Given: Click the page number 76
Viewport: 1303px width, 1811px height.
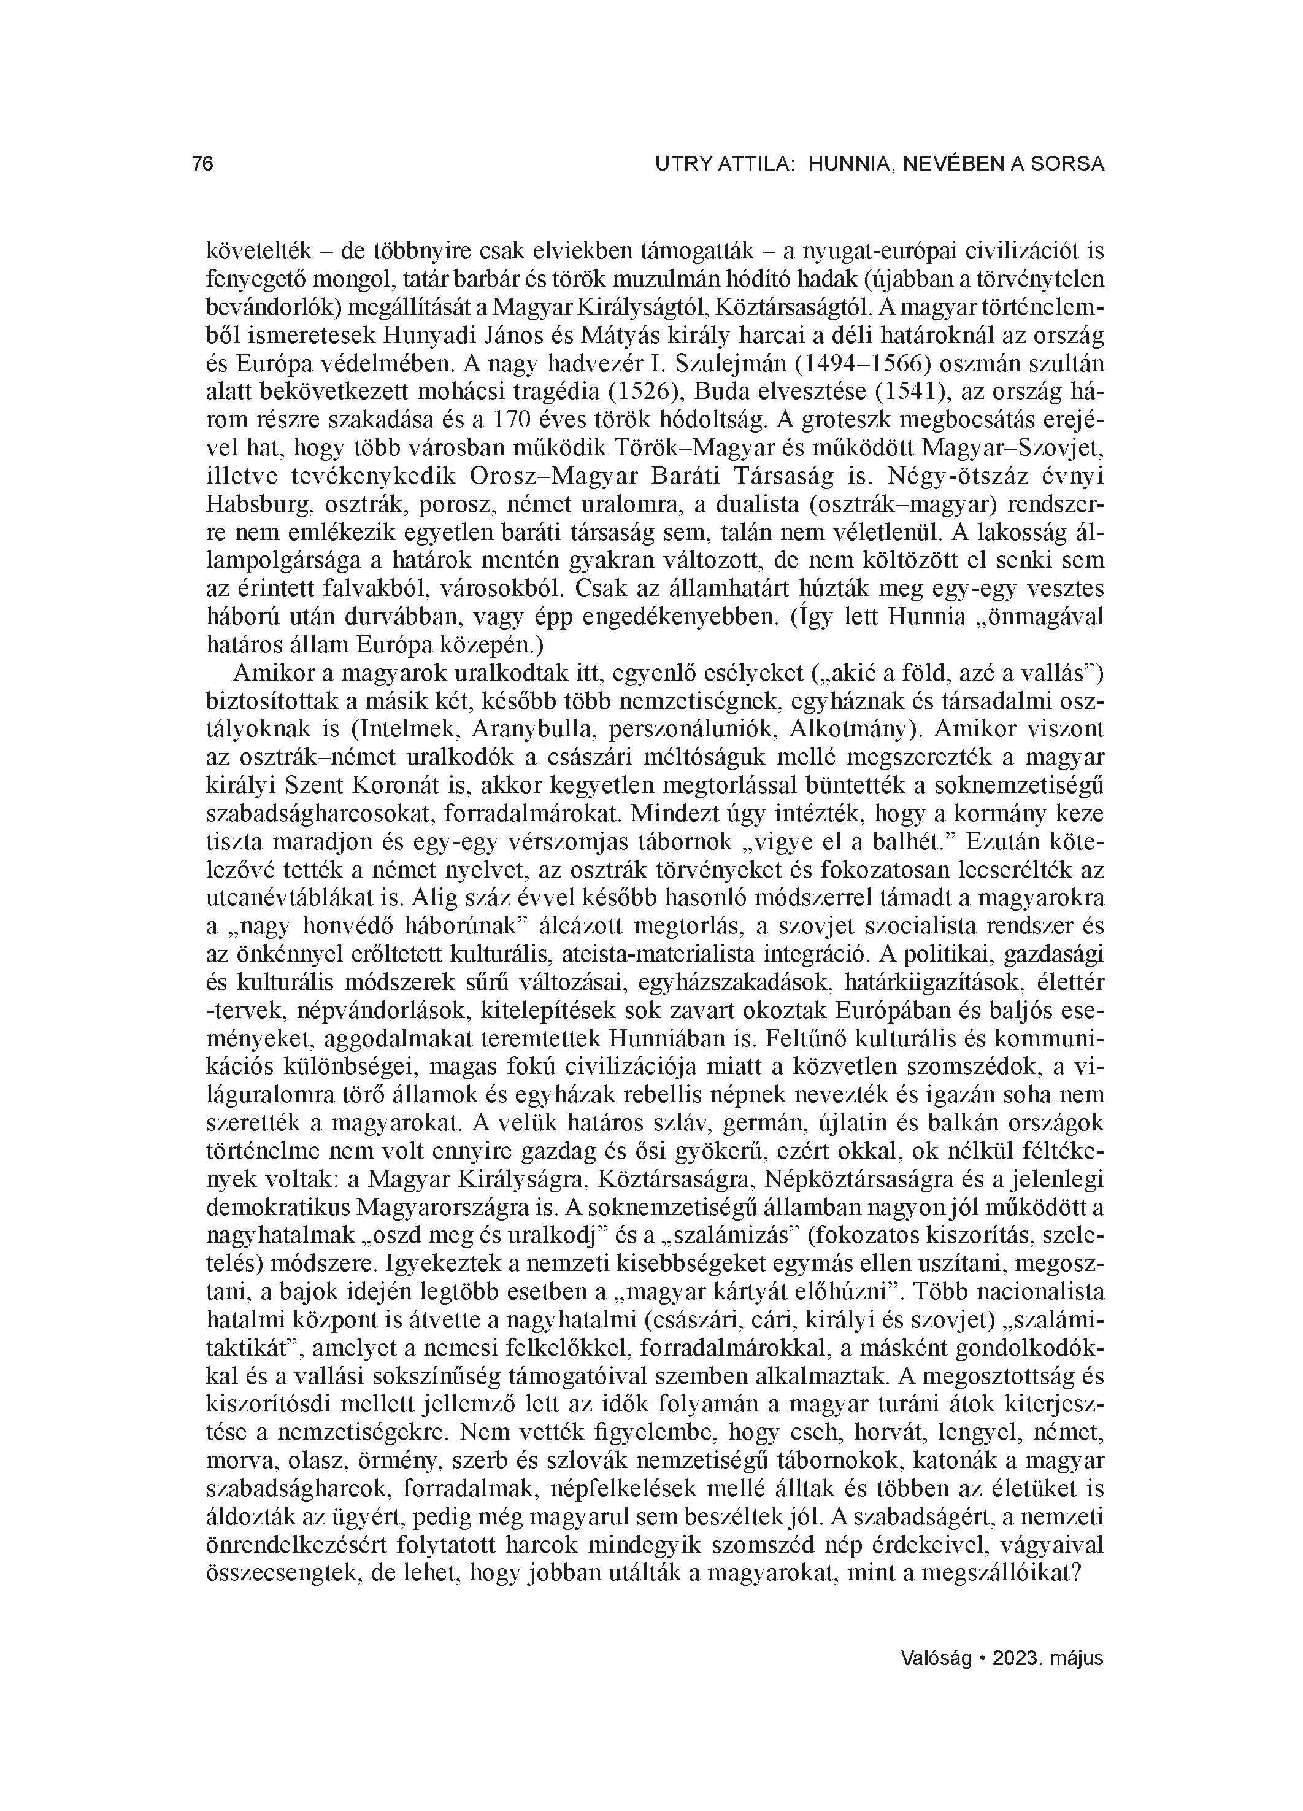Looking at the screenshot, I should (203, 164).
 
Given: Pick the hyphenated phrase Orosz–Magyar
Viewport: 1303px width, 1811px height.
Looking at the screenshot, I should (550, 477).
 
